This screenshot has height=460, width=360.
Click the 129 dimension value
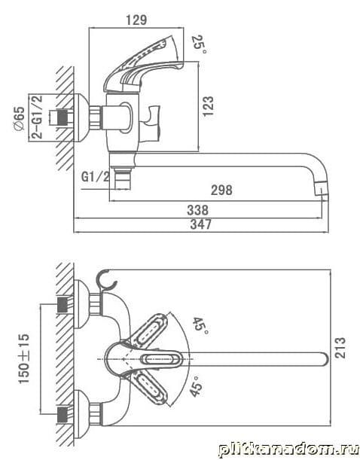point(136,20)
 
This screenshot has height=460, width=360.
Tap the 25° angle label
point(199,44)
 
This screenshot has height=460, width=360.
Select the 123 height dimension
point(208,106)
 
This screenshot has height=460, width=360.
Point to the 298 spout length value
point(221,190)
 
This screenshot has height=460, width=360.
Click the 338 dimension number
point(198,210)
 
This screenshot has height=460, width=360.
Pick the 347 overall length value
point(200,224)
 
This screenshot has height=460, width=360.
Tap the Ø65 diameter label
point(19,120)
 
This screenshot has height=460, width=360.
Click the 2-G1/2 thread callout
point(37,117)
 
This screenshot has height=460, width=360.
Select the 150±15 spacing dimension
point(24,358)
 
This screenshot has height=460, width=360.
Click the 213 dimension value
point(340,348)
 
